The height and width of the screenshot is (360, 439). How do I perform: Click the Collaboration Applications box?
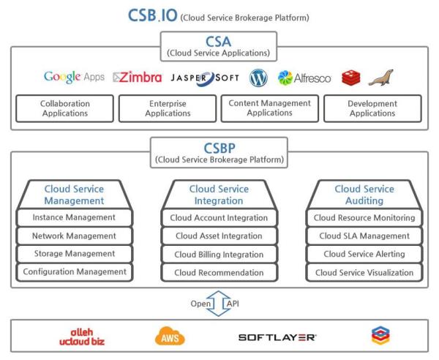pos(64,108)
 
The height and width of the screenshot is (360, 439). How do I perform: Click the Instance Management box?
pos(74,217)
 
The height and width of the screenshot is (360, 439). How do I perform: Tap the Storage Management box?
pos(74,253)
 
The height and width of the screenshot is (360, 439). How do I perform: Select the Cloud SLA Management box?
pos(364,236)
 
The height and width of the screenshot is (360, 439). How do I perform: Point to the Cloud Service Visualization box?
pos(364,272)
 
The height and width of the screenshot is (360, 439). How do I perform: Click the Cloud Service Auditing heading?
pos(364,194)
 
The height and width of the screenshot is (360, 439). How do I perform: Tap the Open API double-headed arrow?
pos(219,301)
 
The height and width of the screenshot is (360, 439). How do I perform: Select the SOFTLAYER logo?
pos(278,336)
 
